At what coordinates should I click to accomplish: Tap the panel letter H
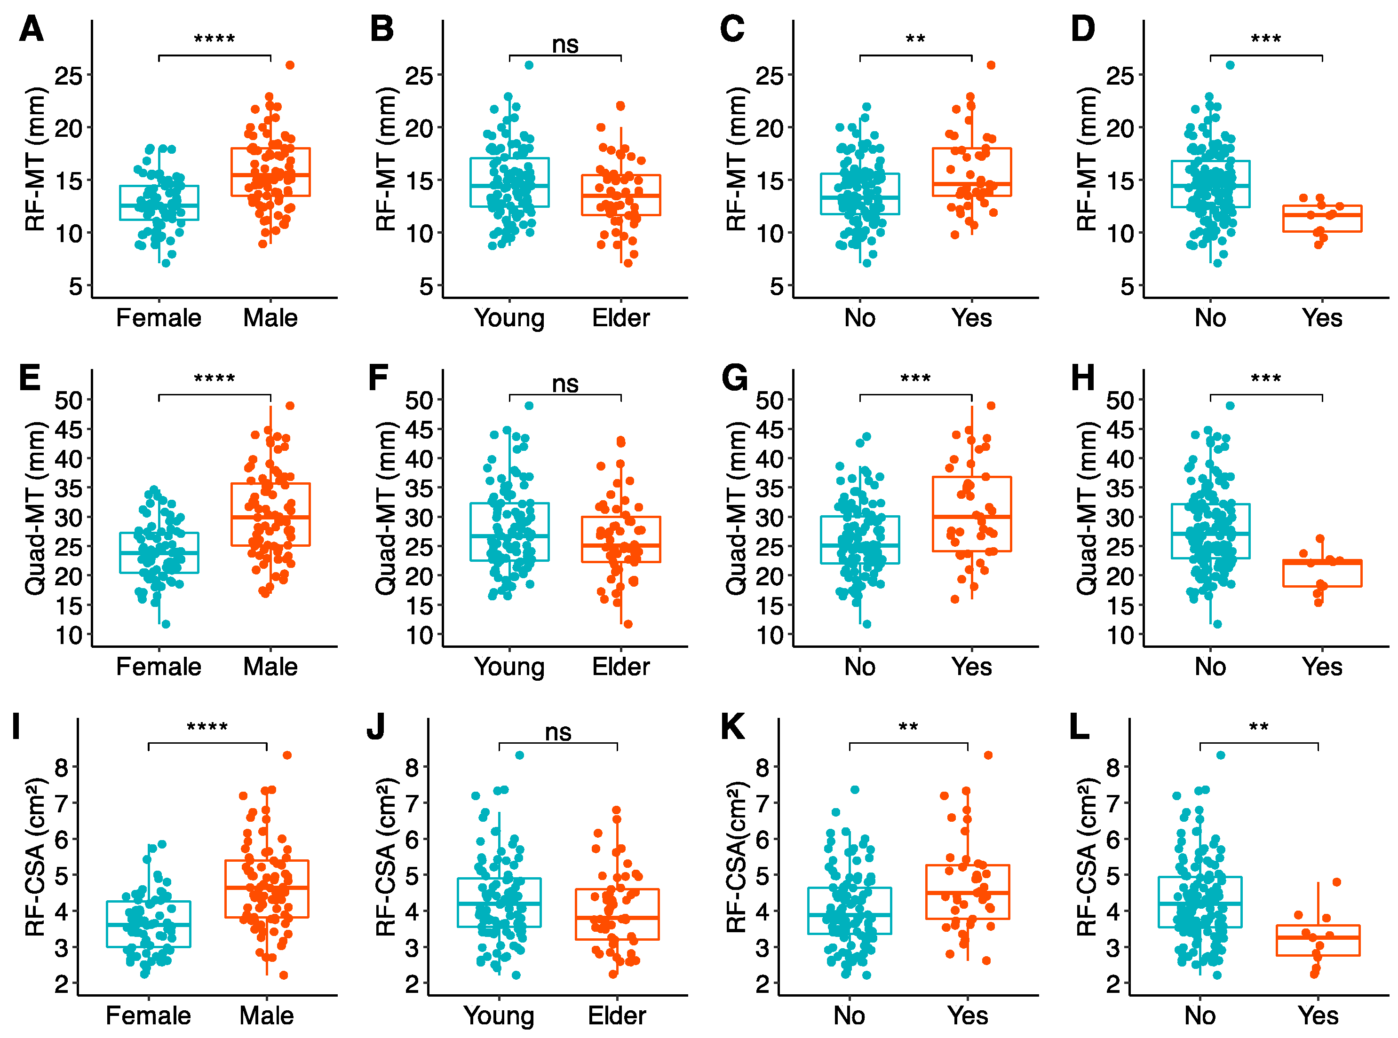[x=1082, y=378]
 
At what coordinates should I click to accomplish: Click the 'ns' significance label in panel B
[x=565, y=45]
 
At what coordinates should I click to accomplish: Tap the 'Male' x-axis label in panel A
[x=270, y=318]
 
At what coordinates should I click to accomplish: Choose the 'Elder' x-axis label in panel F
[x=620, y=667]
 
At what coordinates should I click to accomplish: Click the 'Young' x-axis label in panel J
[x=499, y=1015]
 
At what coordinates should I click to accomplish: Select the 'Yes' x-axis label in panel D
[x=1322, y=318]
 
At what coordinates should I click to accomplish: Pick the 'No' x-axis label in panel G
[x=860, y=667]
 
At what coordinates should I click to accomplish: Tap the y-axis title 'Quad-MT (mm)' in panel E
[x=35, y=508]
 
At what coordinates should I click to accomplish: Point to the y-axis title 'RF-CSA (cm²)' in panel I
[x=35, y=857]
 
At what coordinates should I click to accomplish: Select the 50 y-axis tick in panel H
[x=1120, y=400]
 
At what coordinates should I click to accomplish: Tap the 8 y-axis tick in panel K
[x=762, y=767]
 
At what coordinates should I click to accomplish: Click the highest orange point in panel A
[x=290, y=65]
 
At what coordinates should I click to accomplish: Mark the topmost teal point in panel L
[x=1221, y=755]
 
